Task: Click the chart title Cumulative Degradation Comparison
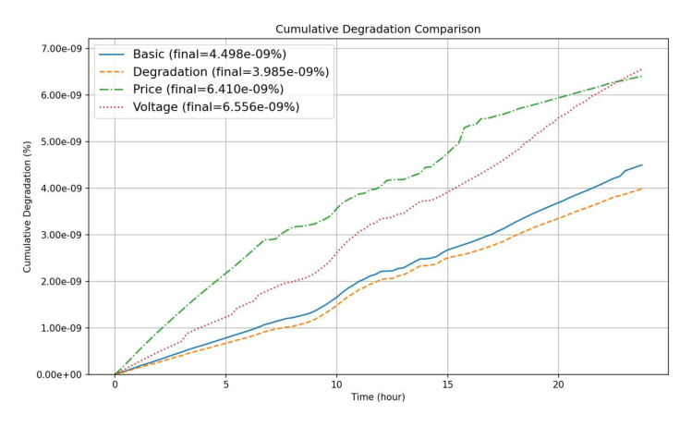coord(377,30)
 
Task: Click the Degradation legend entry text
coord(231,71)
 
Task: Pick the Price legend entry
coord(208,89)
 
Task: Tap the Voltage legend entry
coord(215,106)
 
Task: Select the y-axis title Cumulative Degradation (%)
coord(28,207)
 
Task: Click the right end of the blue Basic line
coord(641,165)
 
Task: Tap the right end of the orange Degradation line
coord(641,189)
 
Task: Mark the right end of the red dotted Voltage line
coord(641,69)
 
